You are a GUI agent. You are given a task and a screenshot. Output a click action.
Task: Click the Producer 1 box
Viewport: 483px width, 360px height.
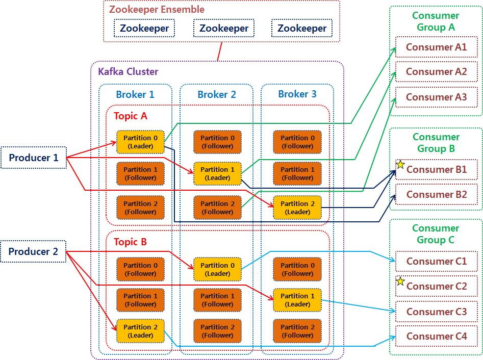pos(34,158)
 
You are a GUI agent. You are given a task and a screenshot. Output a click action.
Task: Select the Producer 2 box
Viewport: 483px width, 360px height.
pos(34,251)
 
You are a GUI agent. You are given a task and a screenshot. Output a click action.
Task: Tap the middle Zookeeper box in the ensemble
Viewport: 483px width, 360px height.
pos(223,29)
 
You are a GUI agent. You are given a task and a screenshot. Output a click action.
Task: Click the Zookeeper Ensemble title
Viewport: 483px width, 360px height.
pos(157,9)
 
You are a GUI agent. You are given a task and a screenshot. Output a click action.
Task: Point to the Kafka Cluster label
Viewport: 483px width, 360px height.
pos(128,72)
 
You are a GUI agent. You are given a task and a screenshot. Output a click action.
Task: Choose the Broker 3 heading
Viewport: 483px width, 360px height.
pos(297,94)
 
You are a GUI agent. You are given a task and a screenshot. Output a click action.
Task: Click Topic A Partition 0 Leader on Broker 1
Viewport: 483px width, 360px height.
pos(140,142)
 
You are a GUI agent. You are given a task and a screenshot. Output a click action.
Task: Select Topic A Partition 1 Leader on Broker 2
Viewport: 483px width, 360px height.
pos(217,173)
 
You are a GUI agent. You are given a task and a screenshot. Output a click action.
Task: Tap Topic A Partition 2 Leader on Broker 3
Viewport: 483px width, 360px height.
pos(297,208)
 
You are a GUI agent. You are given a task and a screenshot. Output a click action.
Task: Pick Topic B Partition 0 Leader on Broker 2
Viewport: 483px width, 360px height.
pos(217,269)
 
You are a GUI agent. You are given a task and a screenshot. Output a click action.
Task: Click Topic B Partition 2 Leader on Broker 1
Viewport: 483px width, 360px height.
pos(140,331)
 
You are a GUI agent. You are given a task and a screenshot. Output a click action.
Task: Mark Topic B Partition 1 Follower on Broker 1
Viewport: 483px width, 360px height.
pos(140,300)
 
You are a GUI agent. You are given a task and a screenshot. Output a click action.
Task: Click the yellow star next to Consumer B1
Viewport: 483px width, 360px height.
pos(400,165)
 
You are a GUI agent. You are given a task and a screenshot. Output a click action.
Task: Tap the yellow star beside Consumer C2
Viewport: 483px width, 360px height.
pos(400,281)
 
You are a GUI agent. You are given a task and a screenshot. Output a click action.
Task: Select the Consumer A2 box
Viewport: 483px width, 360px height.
pos(436,72)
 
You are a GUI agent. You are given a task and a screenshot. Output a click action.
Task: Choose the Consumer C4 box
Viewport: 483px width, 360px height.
pos(436,336)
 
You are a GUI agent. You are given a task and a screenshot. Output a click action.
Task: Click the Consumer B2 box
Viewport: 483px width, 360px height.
pos(436,194)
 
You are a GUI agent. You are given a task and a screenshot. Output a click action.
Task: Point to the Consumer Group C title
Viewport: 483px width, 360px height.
pos(436,234)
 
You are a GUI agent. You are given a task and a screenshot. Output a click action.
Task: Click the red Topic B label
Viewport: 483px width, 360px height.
pos(130,242)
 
